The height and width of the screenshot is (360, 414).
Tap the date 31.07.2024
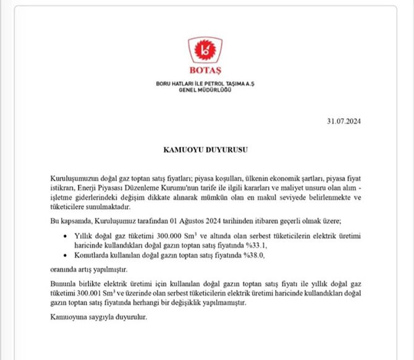pos(344,121)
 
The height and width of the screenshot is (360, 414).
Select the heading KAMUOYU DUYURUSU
pos(205,150)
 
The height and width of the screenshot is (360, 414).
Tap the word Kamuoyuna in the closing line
pos(65,317)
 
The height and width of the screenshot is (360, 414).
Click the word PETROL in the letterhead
pos(208,84)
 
